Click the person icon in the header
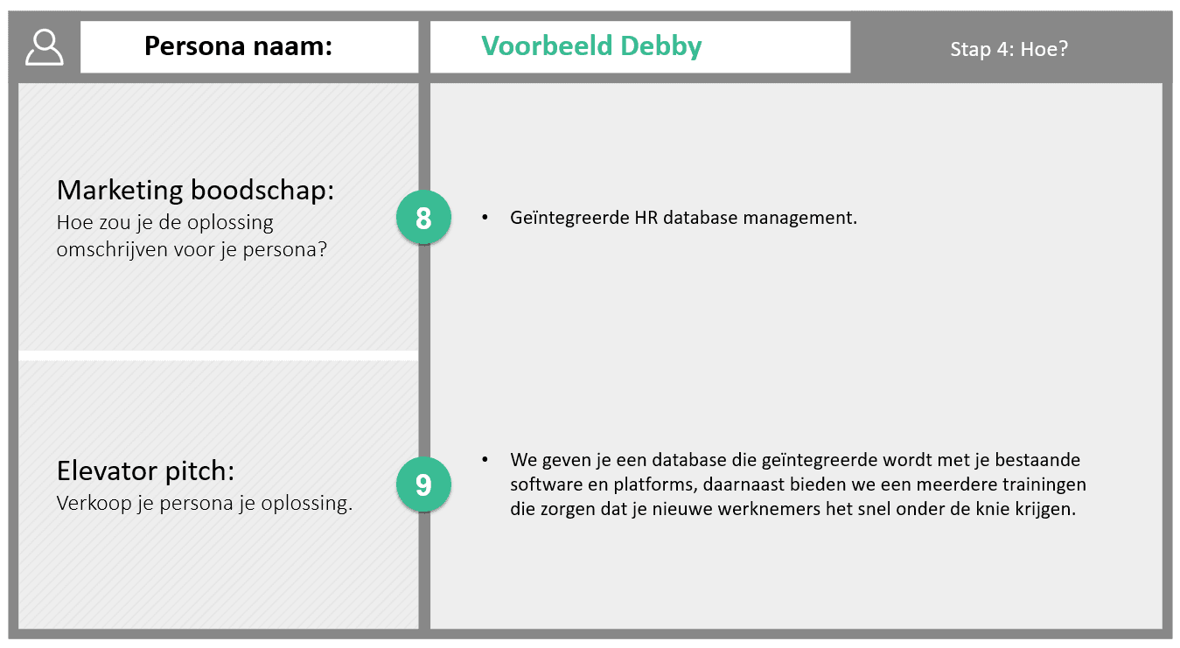[x=45, y=47]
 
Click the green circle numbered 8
[x=423, y=217]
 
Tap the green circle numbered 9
[x=423, y=484]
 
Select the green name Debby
[x=661, y=46]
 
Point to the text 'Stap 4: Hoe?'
[x=1009, y=49]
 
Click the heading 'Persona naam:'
[x=238, y=45]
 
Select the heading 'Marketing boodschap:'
[x=195, y=190]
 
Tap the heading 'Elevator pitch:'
[x=145, y=470]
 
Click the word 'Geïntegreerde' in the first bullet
[x=569, y=218]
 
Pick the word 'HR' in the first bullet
[x=646, y=217]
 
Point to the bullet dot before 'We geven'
[x=485, y=460]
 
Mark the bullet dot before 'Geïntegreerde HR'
[x=485, y=217]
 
